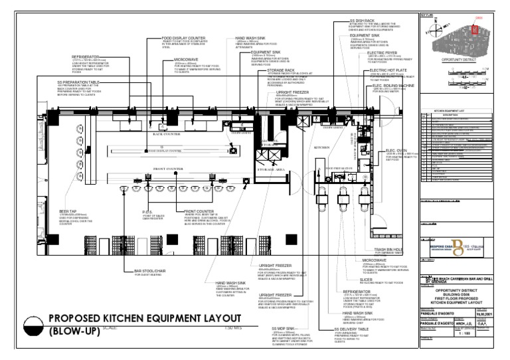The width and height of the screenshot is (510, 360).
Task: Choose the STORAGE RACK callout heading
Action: pyautogui.click(x=282, y=69)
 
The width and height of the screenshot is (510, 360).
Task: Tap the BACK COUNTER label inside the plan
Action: pyautogui.click(x=148, y=134)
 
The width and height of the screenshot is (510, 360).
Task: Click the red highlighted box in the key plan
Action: pyautogui.click(x=475, y=29)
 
